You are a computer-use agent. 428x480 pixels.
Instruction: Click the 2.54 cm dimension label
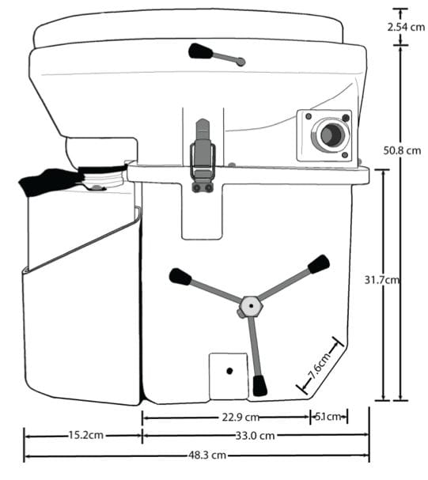[x=406, y=27]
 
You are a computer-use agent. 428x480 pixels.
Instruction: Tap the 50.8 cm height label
[x=402, y=150]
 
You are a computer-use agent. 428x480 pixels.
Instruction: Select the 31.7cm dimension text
[x=382, y=280]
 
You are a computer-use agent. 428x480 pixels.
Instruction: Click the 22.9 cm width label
[x=241, y=417]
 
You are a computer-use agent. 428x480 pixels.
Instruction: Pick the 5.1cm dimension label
[x=328, y=416]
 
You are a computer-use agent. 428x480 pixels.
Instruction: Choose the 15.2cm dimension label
[x=85, y=435]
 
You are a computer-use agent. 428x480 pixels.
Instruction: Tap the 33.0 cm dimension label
[x=255, y=435]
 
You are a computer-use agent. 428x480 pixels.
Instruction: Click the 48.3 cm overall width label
[x=207, y=455]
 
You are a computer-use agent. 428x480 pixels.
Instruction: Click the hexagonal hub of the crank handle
[x=251, y=306]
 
